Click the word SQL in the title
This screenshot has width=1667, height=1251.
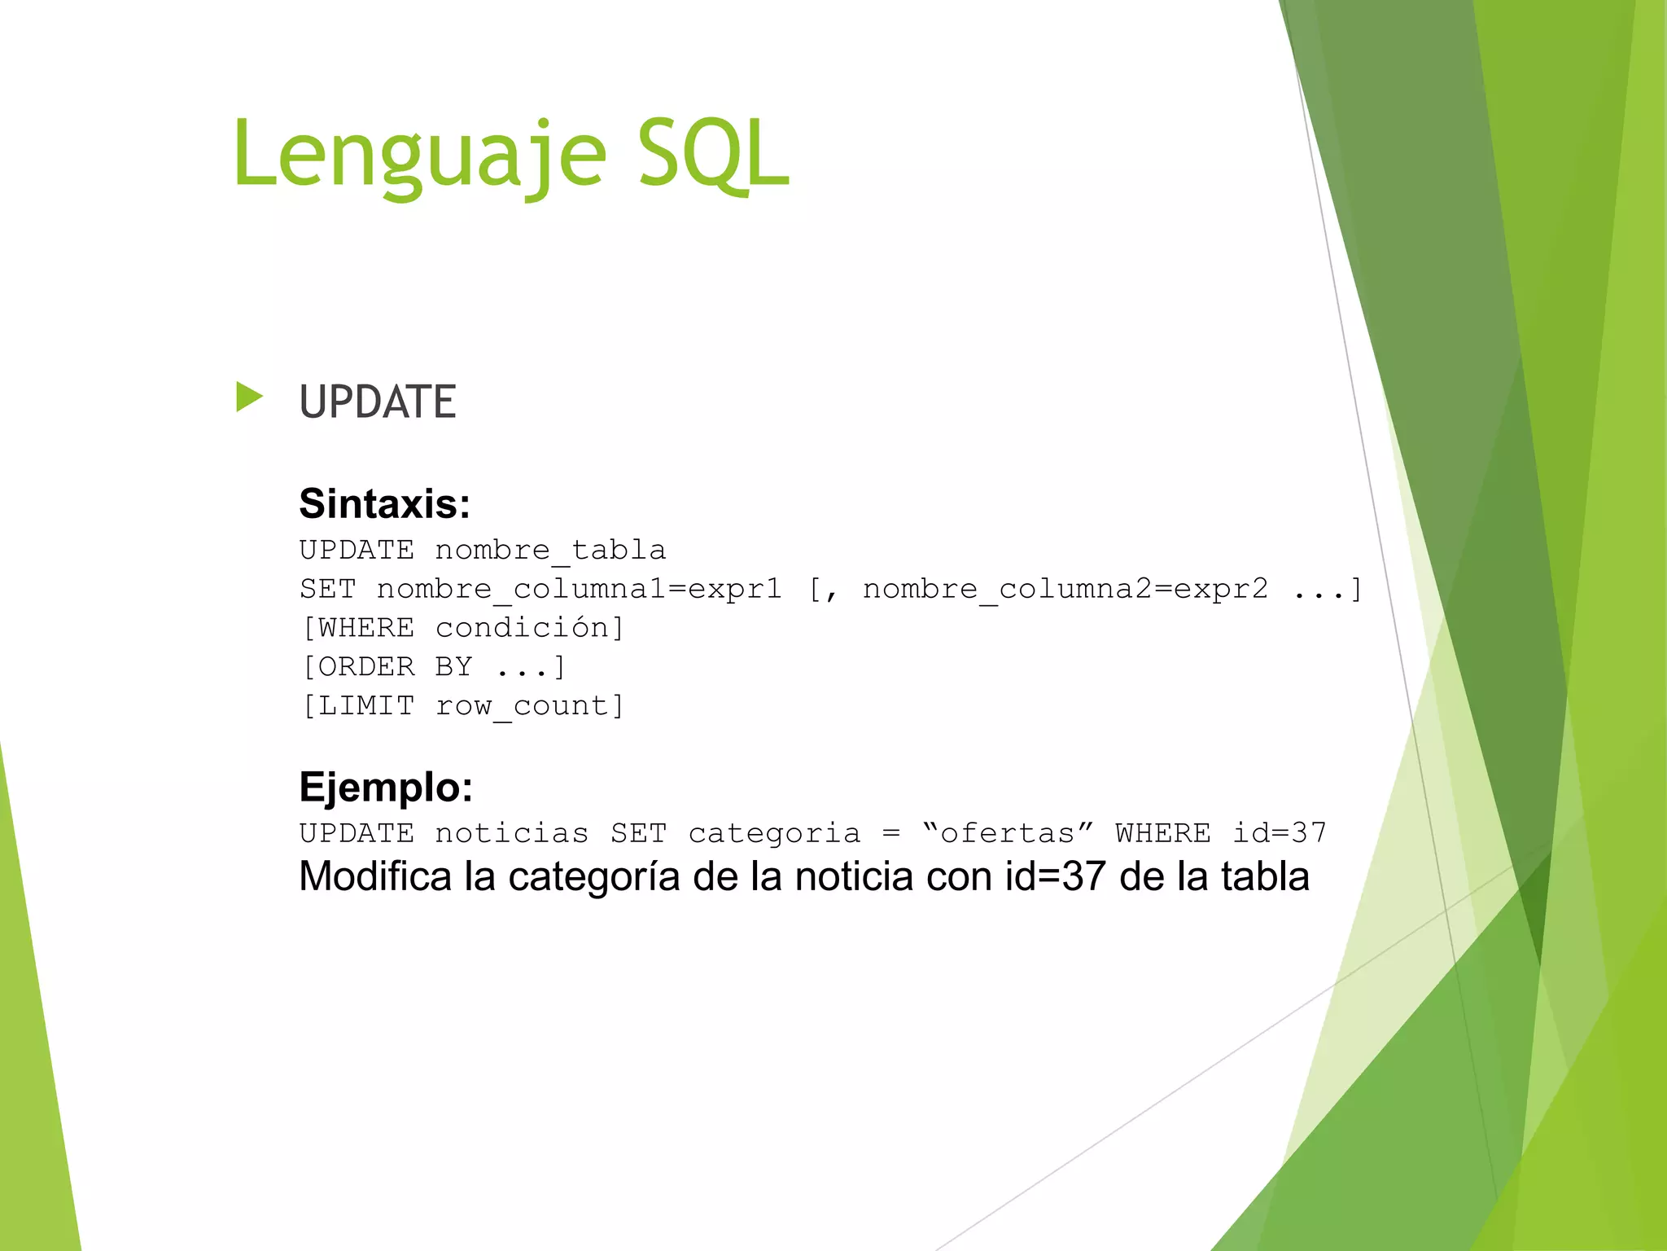point(712,155)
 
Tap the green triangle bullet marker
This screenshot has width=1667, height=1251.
point(249,397)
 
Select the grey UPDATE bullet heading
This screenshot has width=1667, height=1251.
point(377,402)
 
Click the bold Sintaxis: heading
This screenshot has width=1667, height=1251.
point(384,503)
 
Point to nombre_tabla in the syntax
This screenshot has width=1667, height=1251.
point(550,551)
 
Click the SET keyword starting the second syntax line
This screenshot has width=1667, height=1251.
point(328,589)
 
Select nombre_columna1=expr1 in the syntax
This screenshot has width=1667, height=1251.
point(579,589)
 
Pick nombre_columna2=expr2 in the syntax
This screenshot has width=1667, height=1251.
point(1065,589)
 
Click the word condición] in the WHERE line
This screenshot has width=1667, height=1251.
point(530,628)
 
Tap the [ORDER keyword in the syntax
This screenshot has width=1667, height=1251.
point(358,667)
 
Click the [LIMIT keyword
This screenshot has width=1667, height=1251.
point(358,706)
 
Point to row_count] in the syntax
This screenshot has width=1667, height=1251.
point(530,706)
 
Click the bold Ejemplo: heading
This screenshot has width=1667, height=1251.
point(386,787)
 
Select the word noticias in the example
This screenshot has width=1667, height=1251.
point(511,833)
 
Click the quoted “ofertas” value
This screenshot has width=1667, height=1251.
point(1008,833)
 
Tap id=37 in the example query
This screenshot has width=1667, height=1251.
point(1279,833)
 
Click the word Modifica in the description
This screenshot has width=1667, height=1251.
point(374,877)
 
